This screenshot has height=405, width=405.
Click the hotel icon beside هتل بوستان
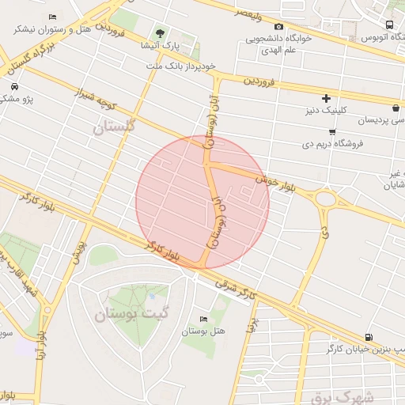(204, 319)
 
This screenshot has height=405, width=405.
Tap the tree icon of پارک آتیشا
(161, 33)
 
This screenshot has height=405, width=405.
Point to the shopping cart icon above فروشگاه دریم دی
(331, 131)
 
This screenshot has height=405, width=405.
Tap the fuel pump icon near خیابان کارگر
(369, 337)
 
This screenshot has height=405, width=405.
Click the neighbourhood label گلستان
(115, 125)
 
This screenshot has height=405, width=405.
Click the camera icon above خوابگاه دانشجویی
(278, 27)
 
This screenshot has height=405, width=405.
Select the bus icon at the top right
(389, 25)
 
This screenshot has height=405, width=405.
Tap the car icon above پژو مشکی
(14, 85)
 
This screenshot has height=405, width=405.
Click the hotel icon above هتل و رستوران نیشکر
(52, 17)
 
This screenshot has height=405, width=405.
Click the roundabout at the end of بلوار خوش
(324, 198)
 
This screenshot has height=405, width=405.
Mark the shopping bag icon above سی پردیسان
(395, 108)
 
